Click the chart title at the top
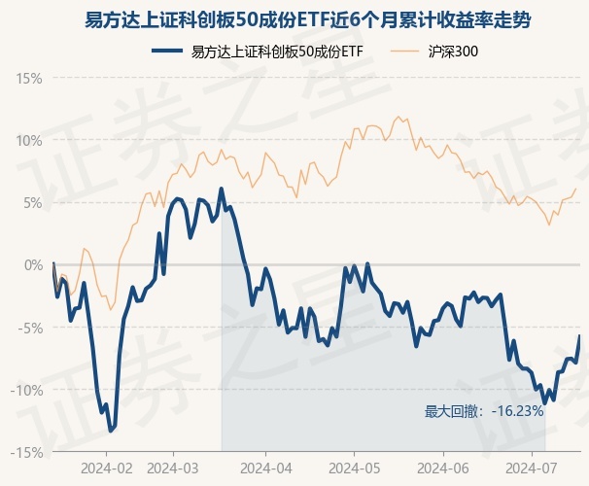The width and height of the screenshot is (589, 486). pyautogui.click(x=294, y=19)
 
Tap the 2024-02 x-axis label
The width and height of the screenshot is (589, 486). pyautogui.click(x=106, y=467)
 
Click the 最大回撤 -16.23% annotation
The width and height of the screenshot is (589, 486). pyautogui.click(x=484, y=411)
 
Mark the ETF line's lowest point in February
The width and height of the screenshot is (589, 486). pyautogui.click(x=111, y=429)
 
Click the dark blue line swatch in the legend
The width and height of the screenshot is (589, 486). pyautogui.click(x=169, y=51)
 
